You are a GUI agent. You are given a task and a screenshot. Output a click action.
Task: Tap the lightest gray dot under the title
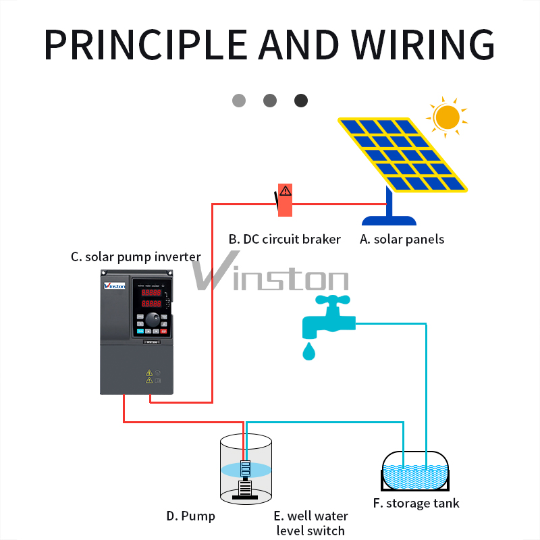(239, 101)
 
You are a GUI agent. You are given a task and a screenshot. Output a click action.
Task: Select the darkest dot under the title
(301, 101)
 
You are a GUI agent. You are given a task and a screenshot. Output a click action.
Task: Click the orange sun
(447, 117)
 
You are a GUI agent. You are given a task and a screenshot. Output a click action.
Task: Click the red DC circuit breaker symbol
(285, 200)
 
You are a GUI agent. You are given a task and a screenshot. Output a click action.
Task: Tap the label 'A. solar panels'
(402, 239)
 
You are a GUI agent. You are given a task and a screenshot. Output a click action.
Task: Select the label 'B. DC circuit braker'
(284, 239)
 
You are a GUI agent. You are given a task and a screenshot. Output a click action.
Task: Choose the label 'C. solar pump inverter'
(136, 256)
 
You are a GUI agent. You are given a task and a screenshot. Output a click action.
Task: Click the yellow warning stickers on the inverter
(148, 376)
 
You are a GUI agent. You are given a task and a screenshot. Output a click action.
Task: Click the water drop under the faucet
(308, 352)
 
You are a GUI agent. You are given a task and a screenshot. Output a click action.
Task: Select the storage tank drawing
(415, 470)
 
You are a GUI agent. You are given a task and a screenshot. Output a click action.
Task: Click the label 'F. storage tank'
(416, 504)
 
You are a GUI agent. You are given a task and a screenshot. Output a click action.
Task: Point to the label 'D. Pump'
(190, 516)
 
